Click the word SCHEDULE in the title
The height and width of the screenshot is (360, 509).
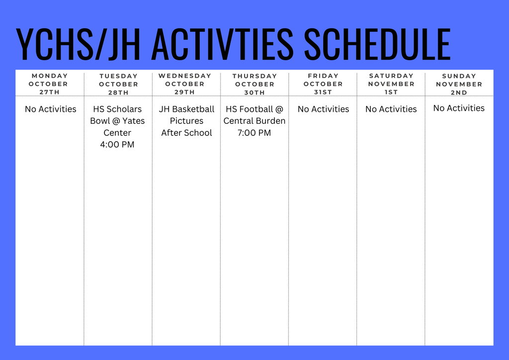(x=377, y=44)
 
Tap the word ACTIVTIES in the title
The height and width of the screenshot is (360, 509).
(x=222, y=44)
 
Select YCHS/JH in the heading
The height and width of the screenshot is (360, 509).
(x=79, y=44)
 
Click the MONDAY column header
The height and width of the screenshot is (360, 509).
(x=50, y=76)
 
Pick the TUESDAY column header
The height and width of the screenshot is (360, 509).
(x=118, y=76)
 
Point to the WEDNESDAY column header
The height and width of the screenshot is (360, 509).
(x=185, y=76)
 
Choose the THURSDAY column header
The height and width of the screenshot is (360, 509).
(x=254, y=76)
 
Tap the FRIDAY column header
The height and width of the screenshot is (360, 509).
(x=323, y=76)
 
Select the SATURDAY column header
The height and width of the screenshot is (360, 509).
(x=391, y=76)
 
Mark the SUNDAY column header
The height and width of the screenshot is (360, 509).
(x=459, y=76)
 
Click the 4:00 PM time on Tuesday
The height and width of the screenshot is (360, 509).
(x=117, y=145)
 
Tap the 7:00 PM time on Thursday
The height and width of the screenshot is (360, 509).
(x=254, y=133)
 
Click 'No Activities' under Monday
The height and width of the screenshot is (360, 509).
(x=51, y=109)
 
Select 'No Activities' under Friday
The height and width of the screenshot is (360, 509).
(x=323, y=109)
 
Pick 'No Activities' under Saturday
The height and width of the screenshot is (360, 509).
(x=391, y=109)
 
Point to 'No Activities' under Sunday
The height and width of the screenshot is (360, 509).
(x=459, y=108)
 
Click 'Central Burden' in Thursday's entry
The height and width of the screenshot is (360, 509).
(x=254, y=121)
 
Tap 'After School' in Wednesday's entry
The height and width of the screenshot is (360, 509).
(x=186, y=133)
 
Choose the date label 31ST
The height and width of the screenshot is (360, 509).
(x=323, y=92)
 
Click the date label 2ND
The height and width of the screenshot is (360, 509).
(x=459, y=92)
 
